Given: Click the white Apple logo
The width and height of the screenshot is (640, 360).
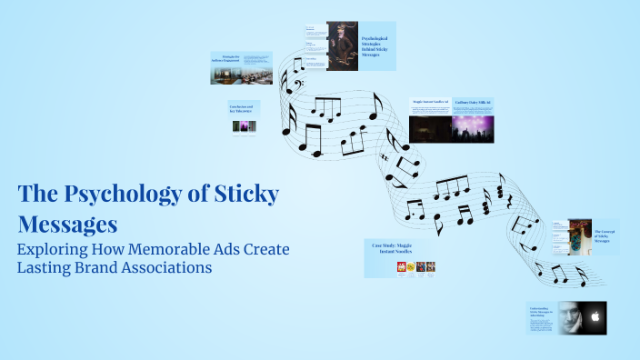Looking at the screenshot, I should coord(594,318).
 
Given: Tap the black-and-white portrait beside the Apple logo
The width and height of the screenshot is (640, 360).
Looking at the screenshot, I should coord(569,318).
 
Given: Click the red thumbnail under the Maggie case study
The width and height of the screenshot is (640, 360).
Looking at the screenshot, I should coord(400,267).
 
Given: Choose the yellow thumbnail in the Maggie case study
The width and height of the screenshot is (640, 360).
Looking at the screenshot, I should coord(411,267).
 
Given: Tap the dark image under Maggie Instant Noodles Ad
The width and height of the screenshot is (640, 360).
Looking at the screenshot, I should coord(432,128).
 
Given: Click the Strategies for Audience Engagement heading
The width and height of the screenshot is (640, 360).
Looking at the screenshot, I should coord(228,58).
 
